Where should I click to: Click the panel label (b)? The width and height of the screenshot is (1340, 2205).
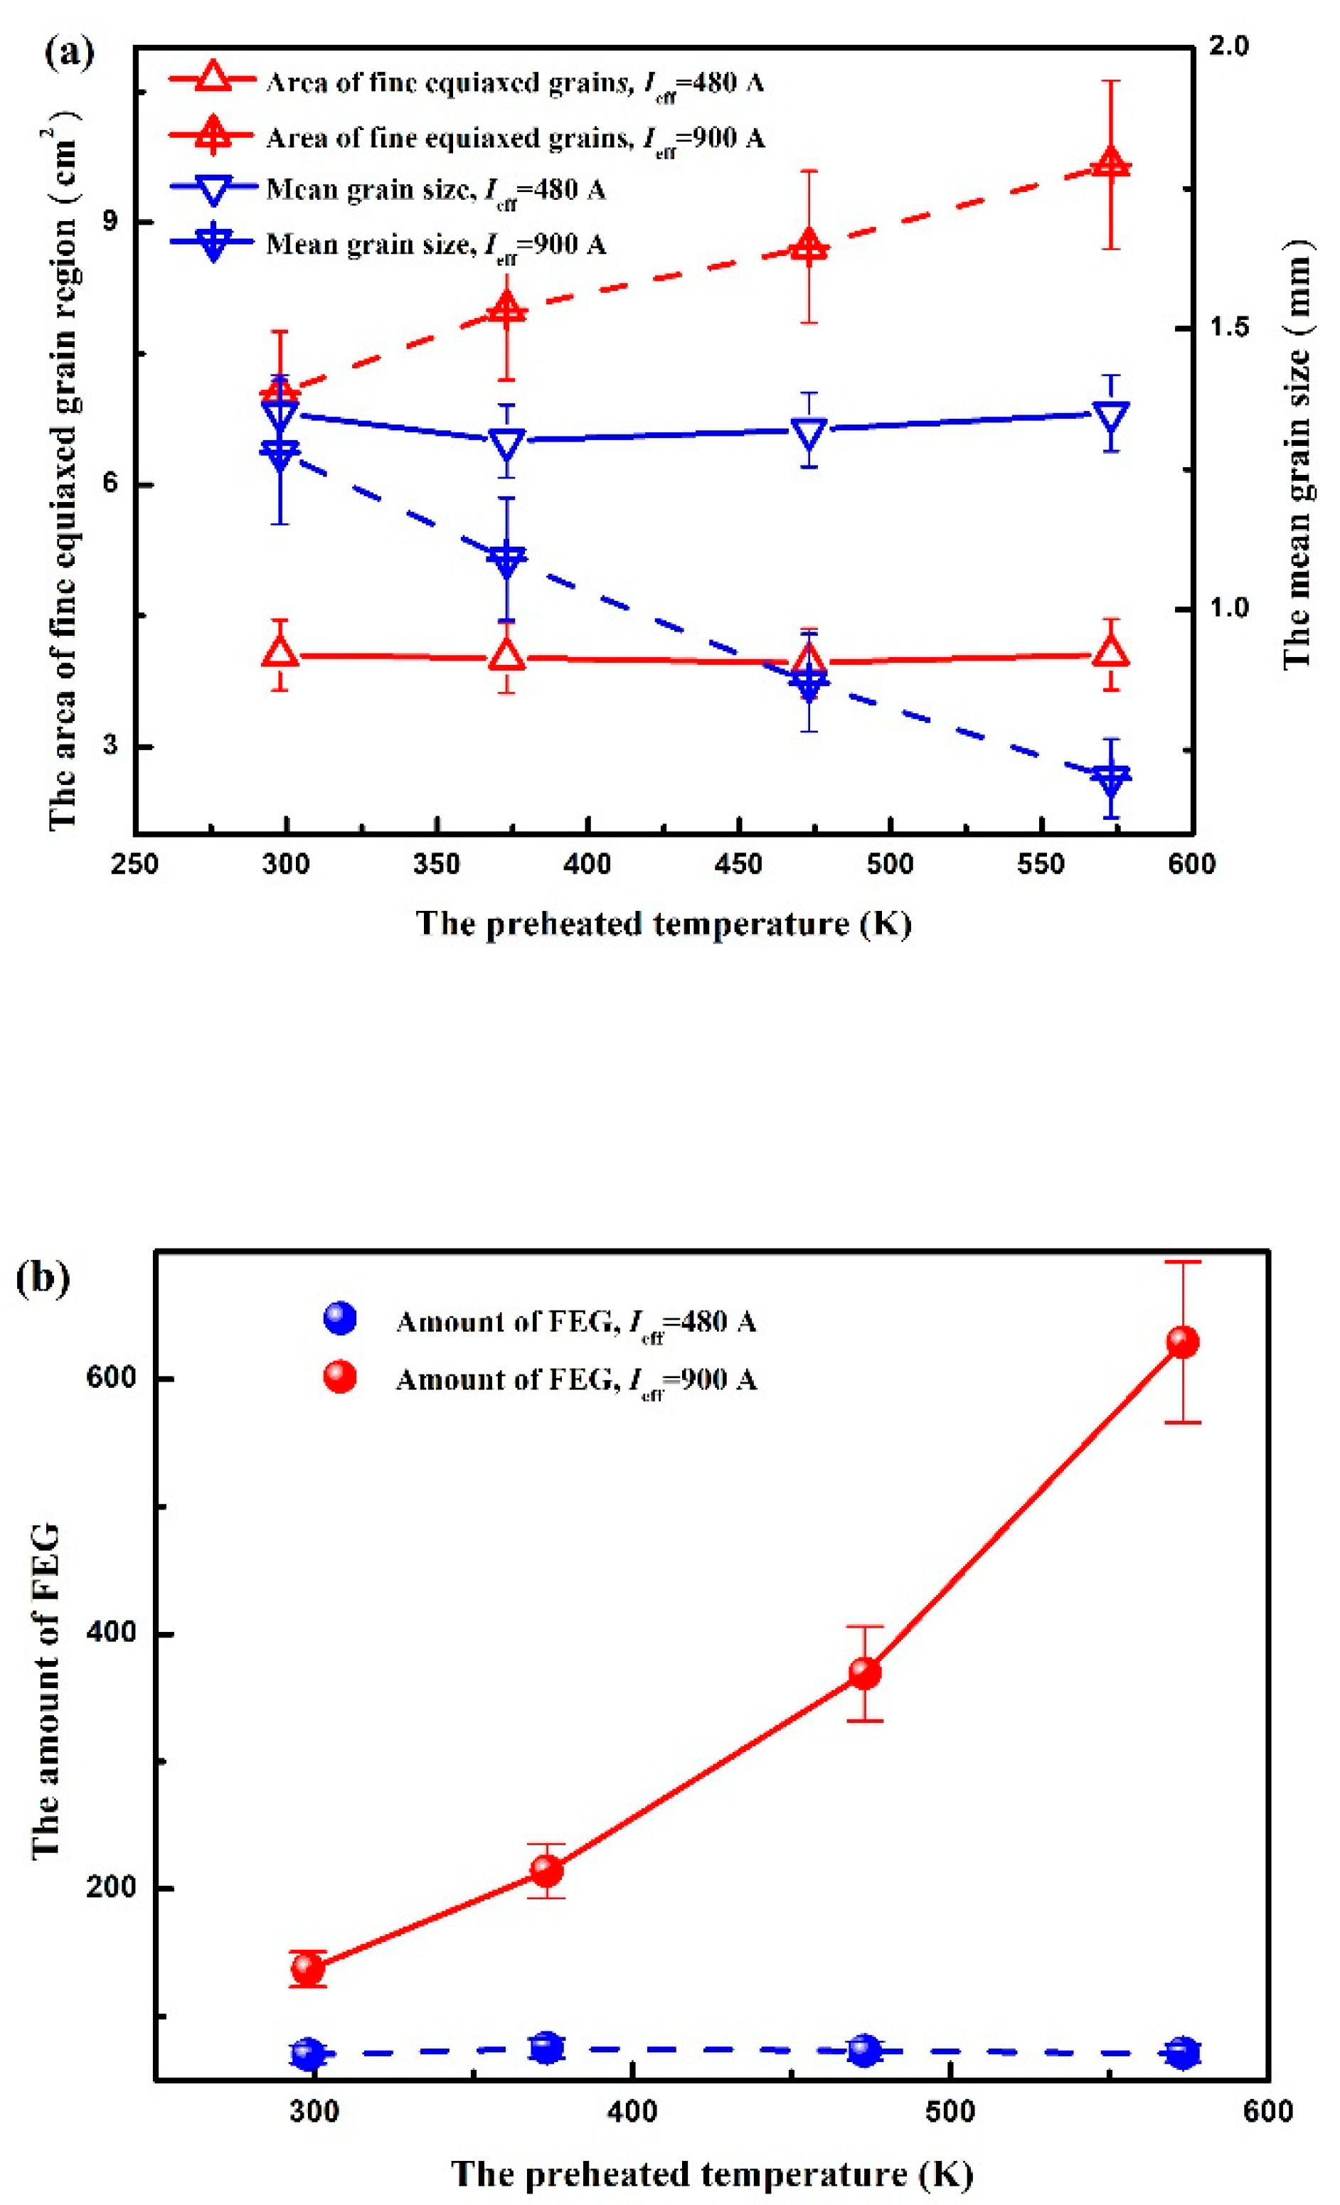coord(43,1277)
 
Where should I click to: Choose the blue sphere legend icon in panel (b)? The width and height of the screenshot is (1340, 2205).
coord(340,1318)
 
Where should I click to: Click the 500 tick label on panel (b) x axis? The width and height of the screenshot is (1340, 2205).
coord(949,2113)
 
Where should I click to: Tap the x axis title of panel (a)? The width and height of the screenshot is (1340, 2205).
coord(664,924)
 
